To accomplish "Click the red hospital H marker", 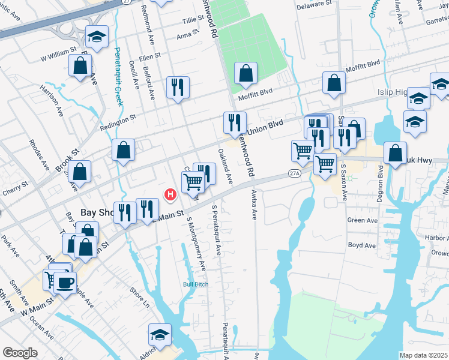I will (170, 194).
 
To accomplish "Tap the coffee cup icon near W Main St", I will (65, 282).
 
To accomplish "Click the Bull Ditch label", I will (196, 284).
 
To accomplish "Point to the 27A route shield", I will (294, 173).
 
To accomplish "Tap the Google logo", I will (20, 353).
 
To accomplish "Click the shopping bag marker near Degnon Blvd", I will (395, 153).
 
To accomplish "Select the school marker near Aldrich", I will (160, 334).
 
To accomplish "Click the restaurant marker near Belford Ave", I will (178, 87).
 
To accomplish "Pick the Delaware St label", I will (315, 3).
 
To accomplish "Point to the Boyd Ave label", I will (361, 245).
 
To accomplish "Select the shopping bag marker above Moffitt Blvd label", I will (245, 74).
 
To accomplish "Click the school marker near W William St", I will (96, 37).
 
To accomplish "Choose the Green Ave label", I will (362, 220).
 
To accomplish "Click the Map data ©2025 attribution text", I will (423, 355).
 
